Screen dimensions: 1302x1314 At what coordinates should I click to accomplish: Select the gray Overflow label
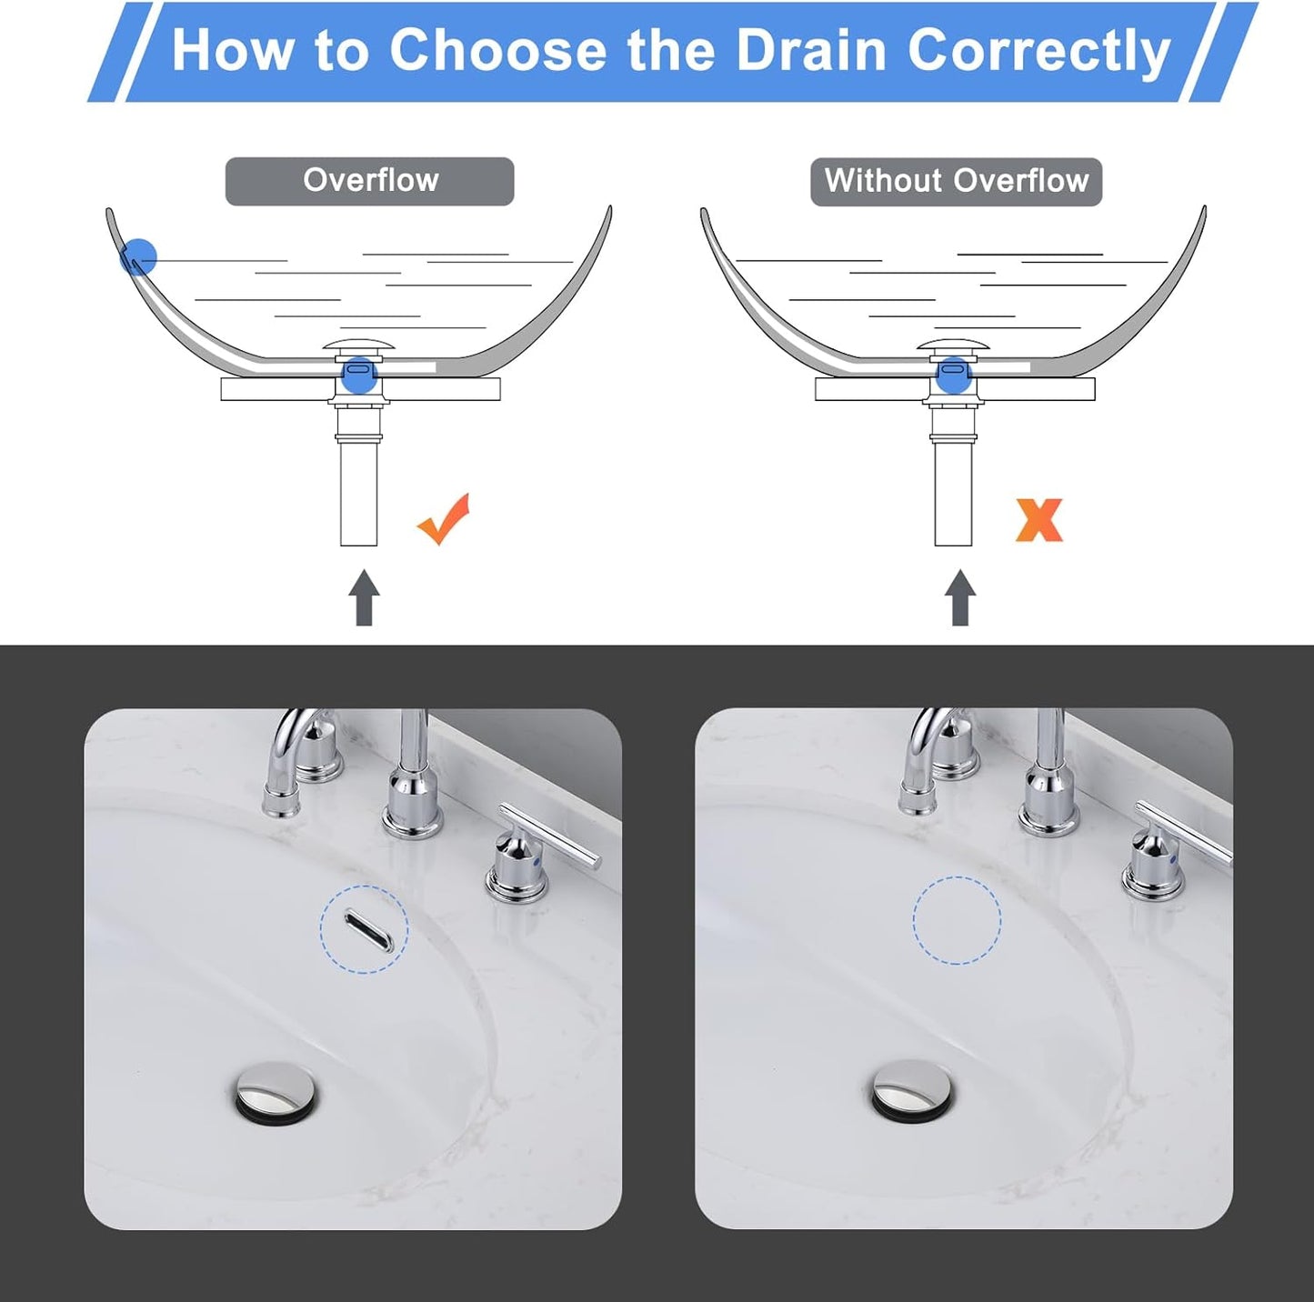[369, 181]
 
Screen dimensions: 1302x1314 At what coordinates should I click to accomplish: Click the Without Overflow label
[956, 181]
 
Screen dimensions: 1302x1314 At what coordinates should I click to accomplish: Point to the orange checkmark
[444, 519]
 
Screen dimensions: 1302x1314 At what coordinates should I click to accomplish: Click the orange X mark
[1038, 520]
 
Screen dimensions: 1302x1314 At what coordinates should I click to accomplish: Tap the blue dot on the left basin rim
[138, 257]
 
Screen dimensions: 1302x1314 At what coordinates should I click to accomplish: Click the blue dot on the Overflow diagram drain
[359, 374]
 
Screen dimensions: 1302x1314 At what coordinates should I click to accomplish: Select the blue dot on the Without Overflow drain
[953, 374]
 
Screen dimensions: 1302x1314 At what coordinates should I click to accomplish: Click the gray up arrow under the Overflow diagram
[364, 598]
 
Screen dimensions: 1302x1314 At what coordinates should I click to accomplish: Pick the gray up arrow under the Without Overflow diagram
[959, 598]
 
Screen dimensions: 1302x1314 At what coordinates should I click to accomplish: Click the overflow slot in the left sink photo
[367, 931]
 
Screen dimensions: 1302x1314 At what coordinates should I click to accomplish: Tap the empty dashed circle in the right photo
[957, 920]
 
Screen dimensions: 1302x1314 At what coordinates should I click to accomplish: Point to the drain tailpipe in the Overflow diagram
[358, 491]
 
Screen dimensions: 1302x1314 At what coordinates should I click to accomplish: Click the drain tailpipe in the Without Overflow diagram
[953, 491]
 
